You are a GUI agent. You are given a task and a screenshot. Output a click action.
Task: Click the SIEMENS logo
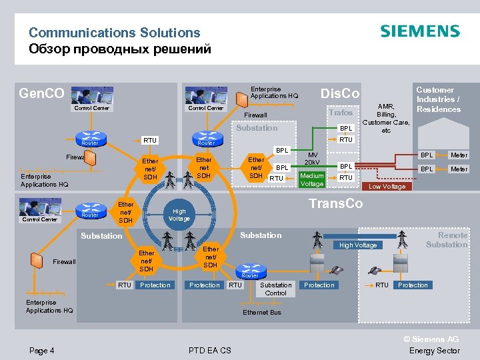[419, 31]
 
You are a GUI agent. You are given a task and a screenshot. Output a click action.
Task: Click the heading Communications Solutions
[114, 33]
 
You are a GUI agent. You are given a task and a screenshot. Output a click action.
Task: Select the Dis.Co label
[340, 93]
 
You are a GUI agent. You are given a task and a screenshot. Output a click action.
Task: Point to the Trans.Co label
[336, 203]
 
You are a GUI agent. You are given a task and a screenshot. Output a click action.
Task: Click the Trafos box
[341, 113]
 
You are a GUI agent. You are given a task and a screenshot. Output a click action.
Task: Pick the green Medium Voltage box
[312, 180]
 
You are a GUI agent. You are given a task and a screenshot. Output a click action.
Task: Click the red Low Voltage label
[387, 187]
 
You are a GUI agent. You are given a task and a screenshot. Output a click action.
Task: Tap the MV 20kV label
[312, 159]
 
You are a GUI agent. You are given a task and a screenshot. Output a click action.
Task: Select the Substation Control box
[276, 289]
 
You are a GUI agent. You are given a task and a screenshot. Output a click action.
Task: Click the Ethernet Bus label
[262, 312]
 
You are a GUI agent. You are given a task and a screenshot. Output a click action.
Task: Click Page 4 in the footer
[42, 351]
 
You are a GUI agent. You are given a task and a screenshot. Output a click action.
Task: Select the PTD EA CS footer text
[210, 351]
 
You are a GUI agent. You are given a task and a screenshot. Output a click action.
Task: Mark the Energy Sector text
[434, 351]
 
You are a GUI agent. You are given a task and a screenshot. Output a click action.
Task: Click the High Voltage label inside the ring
[179, 215]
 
